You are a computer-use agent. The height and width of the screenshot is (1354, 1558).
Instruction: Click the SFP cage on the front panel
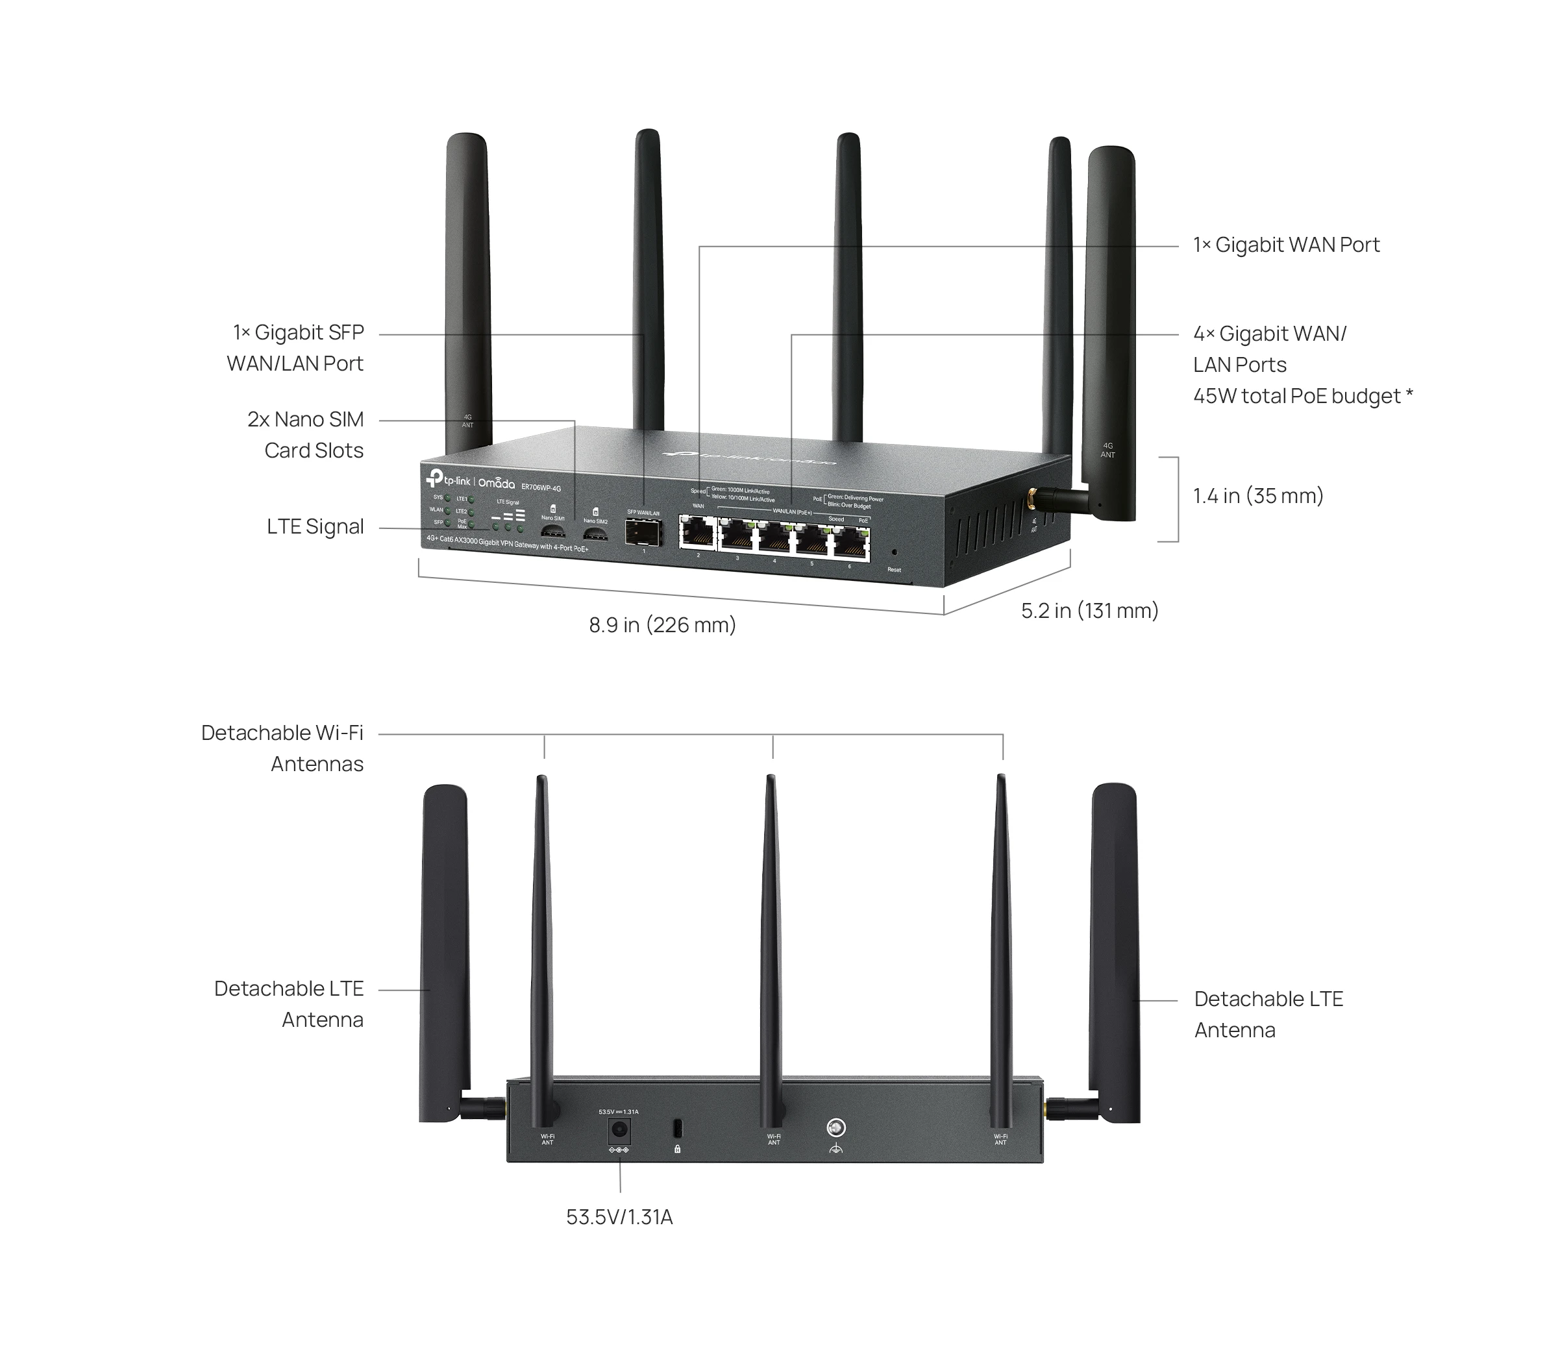point(643,533)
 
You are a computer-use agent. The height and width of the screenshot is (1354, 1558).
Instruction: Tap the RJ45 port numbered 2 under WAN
point(697,533)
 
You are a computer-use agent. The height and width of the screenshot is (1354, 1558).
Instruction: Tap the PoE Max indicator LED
point(471,524)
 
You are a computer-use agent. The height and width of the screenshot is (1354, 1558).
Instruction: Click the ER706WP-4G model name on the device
point(541,487)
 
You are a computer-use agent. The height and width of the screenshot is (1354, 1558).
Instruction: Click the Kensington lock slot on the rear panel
point(677,1128)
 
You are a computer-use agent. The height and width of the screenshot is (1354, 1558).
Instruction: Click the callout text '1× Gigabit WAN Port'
point(1286,245)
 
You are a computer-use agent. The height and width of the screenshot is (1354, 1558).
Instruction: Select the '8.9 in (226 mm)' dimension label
point(662,625)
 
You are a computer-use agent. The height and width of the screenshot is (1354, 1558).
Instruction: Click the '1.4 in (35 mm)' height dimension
point(1258,496)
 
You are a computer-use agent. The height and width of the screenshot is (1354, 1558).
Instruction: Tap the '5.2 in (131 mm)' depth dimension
point(1089,611)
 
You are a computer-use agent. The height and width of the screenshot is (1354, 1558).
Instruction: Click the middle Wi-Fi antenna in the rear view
point(771,944)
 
